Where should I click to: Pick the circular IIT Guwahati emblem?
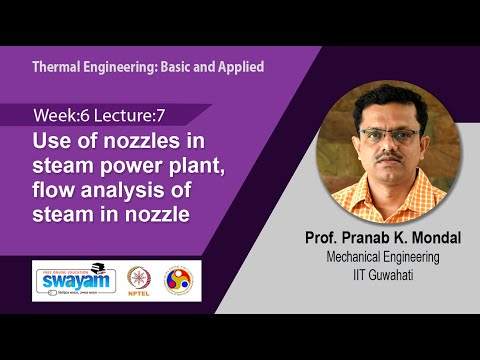(181, 277)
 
